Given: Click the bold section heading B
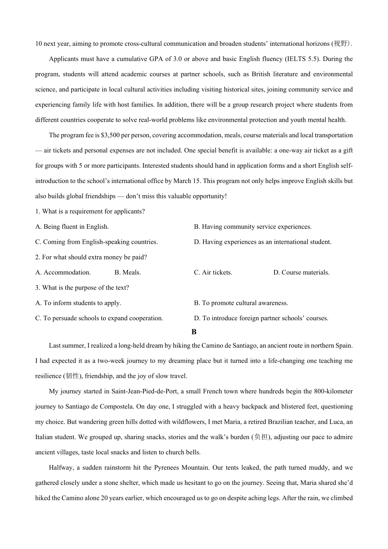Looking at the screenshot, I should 194,332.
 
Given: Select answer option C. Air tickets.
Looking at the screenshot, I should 213,272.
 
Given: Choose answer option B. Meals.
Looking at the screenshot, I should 127,272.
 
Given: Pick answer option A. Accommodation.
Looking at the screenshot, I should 63,272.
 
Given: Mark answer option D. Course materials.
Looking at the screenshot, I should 301,272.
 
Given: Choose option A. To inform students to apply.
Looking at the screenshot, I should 78,303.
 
